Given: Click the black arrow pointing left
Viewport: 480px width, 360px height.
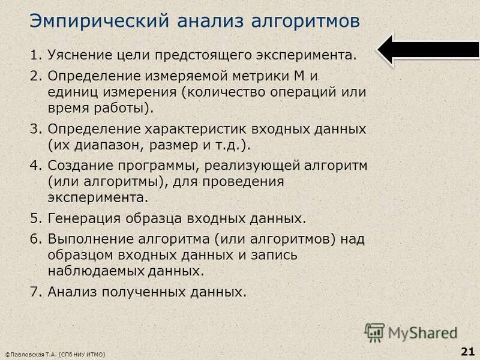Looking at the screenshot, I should (x=428, y=50).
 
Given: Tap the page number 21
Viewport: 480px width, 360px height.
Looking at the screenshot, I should (x=467, y=350).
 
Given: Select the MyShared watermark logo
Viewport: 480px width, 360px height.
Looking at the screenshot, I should (x=412, y=332).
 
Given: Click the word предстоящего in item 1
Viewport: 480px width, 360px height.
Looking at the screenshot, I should (x=214, y=56).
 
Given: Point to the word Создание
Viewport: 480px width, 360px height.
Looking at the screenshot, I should (x=77, y=166).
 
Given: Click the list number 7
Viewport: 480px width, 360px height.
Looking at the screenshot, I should (x=34, y=292).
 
